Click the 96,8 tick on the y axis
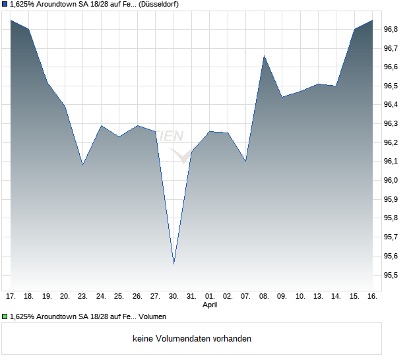(x=391, y=29)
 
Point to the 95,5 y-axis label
(x=391, y=275)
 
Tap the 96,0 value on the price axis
(x=391, y=180)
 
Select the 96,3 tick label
(x=391, y=123)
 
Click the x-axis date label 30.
(x=173, y=297)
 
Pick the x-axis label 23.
(x=83, y=297)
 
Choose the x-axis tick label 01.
(x=210, y=297)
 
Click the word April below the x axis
(x=210, y=305)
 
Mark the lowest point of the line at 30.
(x=173, y=264)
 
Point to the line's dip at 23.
(x=83, y=165)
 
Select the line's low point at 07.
(x=245, y=161)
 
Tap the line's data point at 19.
(x=47, y=82)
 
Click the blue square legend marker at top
(x=5, y=4)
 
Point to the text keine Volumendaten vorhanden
(x=192, y=339)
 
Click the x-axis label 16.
(x=372, y=297)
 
